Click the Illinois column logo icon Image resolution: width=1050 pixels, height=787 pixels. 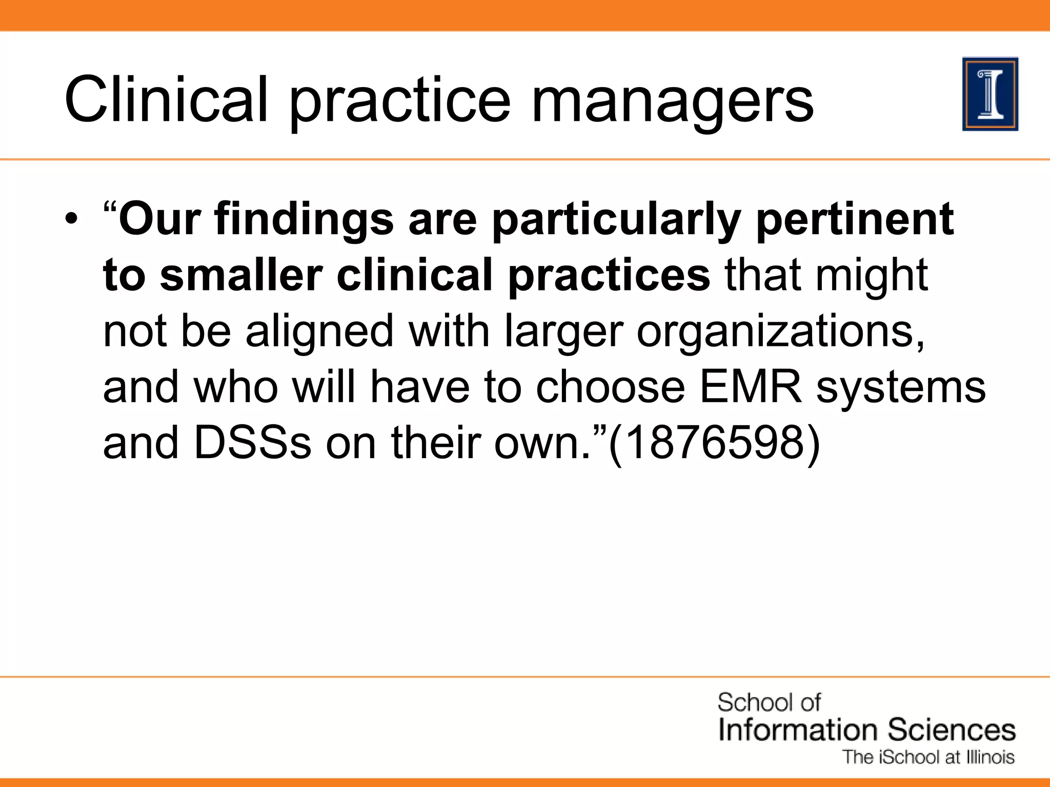coord(990,94)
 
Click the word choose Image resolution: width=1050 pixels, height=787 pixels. coord(610,387)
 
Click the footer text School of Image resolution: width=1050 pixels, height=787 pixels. coord(769,702)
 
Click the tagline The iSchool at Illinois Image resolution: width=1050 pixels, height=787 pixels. coord(928,757)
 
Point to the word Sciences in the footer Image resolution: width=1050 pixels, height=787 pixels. coord(952,730)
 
